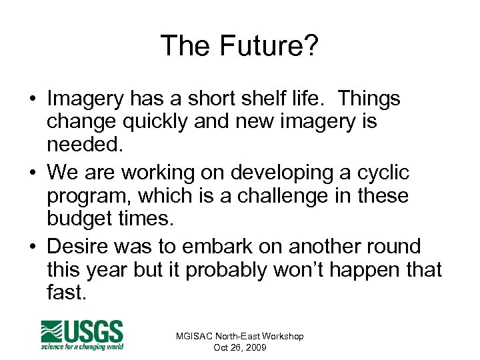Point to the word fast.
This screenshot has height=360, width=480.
(x=67, y=293)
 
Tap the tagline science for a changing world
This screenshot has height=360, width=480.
(x=82, y=346)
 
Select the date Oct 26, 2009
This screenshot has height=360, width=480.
(x=239, y=347)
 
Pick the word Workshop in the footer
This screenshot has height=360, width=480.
(x=281, y=336)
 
